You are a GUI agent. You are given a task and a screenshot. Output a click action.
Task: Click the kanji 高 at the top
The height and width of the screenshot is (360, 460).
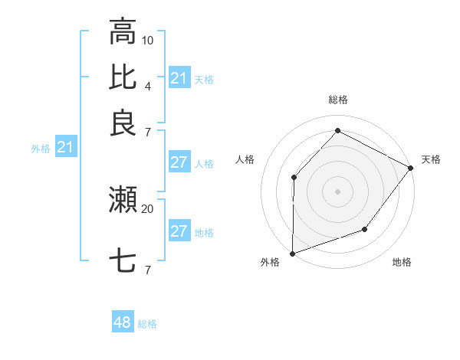coord(123,32)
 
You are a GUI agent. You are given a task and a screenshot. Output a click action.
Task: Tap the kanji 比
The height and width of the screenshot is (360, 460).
coord(123,78)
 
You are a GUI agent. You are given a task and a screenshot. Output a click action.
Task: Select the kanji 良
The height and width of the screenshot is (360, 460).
coord(123,124)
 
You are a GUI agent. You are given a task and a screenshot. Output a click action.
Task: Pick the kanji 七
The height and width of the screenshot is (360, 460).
coord(123,261)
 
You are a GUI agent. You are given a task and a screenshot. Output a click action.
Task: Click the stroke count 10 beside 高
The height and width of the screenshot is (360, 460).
coord(148,39)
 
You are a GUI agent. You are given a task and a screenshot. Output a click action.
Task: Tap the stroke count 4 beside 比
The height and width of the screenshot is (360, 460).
coord(148,86)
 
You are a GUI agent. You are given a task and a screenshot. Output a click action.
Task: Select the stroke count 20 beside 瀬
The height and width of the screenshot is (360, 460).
coord(147,208)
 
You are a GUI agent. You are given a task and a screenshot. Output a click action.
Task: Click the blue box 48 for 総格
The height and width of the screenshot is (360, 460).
coord(123,322)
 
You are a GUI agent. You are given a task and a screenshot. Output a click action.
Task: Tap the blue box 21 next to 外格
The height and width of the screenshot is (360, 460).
coord(65,147)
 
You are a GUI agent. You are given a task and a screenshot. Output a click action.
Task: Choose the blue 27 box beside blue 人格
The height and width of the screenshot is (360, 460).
coord(179,162)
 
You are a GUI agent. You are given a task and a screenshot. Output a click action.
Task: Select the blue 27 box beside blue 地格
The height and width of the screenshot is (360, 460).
coord(179,231)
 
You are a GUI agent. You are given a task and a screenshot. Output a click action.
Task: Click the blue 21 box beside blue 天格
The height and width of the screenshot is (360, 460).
coord(179,78)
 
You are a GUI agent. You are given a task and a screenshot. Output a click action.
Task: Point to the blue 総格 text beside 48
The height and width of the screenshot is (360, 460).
coord(147,324)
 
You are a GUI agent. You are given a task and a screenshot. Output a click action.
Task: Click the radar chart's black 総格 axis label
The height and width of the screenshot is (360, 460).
coord(337,100)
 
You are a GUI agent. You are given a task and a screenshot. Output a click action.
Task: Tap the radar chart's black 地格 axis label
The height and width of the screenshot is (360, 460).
coord(402,263)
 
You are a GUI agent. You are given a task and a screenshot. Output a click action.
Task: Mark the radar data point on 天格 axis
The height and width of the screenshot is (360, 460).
coord(411,169)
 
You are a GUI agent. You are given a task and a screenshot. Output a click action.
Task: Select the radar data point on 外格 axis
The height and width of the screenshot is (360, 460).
coord(293,253)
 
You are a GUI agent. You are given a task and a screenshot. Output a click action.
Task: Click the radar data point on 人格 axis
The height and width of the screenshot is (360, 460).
coord(294,178)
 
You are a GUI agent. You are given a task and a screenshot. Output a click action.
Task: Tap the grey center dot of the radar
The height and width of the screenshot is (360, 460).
coord(337,191)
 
